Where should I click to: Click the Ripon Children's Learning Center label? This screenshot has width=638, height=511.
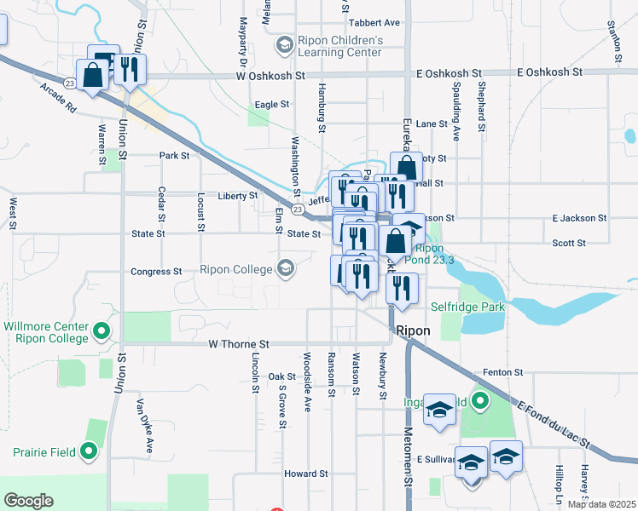[339, 46]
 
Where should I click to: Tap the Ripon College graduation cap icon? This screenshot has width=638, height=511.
[286, 269]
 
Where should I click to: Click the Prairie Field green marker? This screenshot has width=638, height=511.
[90, 452]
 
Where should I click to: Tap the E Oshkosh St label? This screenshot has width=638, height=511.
[550, 73]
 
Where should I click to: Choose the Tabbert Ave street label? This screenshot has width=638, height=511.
[374, 22]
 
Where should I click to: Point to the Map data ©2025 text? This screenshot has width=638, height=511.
[600, 504]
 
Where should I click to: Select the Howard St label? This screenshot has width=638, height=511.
[306, 474]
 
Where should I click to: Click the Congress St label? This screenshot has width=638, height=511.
[156, 272]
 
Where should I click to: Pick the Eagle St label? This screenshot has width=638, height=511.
[272, 105]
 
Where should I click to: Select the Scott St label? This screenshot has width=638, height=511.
[568, 243]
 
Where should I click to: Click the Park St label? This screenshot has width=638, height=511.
[173, 156]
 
